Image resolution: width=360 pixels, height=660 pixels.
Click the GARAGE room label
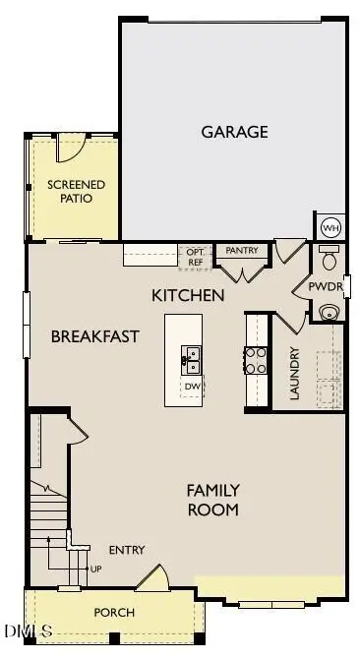pos(234,132)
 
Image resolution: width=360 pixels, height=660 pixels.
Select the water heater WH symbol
pos(330,227)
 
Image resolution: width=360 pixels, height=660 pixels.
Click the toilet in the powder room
pos(330,260)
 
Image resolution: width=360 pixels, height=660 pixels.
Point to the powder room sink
pos(329,312)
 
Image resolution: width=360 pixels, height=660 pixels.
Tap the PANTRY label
pos(241,251)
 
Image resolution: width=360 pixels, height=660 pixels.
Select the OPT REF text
pos(195,258)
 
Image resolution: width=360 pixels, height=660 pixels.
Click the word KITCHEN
pos(188,295)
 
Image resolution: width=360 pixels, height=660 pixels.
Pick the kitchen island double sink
pos(191,359)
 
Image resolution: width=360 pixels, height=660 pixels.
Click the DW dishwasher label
pos(192,387)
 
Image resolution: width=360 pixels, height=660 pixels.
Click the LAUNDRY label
pos(293,374)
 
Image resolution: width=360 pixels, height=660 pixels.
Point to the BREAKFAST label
pos(94,336)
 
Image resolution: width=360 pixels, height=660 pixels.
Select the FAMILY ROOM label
pos(212,500)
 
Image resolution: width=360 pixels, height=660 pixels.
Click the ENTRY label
pos(126,550)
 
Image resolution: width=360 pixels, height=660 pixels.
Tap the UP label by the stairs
pos(94,569)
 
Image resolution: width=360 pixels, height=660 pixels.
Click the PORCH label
pos(114,612)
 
